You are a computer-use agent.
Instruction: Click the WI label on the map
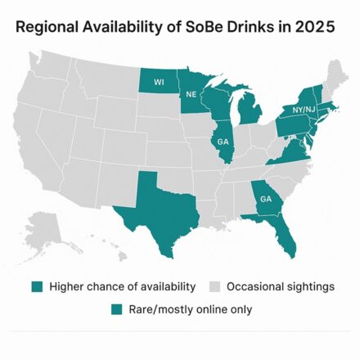click(159, 82)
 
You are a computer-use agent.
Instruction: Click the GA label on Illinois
click(223, 141)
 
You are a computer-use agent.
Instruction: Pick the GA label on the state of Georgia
click(266, 199)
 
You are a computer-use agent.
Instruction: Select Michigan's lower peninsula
click(254, 110)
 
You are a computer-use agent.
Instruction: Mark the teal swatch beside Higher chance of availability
click(38, 286)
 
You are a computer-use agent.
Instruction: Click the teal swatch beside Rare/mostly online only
click(115, 309)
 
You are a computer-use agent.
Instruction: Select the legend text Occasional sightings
click(280, 286)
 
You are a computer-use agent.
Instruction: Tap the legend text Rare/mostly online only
click(191, 309)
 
